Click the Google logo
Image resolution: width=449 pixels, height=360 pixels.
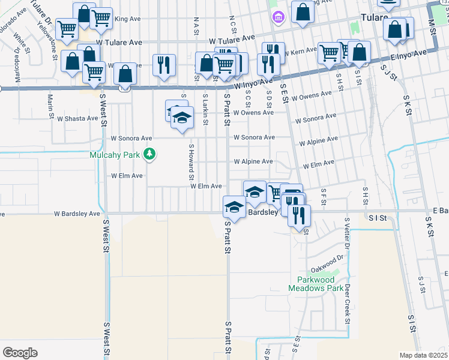point(20,353)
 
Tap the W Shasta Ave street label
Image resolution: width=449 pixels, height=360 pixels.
point(76,118)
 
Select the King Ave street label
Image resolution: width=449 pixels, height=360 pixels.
point(126,19)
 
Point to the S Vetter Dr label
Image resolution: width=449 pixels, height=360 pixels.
point(346,233)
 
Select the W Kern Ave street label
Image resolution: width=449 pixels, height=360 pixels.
point(302,53)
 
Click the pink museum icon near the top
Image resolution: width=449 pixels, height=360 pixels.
point(277,17)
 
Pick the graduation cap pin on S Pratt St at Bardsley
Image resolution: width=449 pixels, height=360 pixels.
point(234,208)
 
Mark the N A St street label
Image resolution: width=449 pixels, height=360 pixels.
point(196,26)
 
